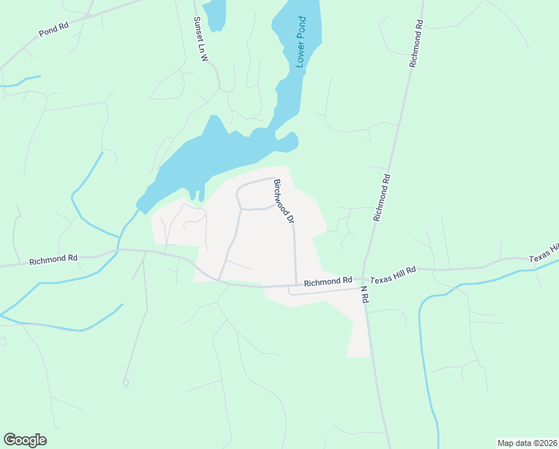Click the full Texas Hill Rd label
[x=394, y=276]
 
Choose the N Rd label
[x=365, y=293]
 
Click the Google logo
[x=25, y=440]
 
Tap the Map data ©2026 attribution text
[x=527, y=443]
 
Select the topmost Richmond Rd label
[x=416, y=45]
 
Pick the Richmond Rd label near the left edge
[x=53, y=260]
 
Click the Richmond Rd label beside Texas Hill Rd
[x=327, y=281]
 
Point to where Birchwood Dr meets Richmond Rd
[x=297, y=284]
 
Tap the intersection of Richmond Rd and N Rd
[x=362, y=278]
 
